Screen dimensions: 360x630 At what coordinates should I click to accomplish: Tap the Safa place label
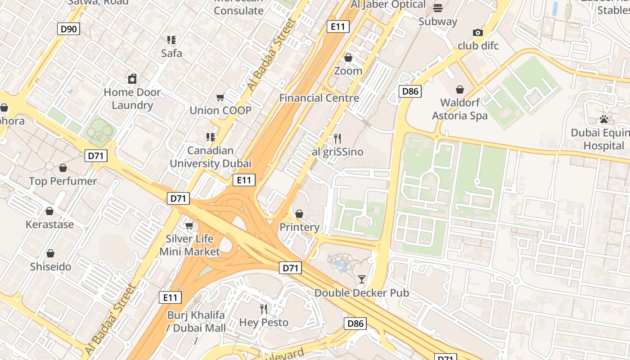tap(172, 53)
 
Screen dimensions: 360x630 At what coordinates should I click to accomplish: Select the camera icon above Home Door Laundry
tap(132, 79)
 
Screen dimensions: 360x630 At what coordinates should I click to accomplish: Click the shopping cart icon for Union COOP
tap(220, 97)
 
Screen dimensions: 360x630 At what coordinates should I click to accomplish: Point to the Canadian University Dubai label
tap(210, 157)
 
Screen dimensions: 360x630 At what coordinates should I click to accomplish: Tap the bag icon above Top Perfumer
tap(63, 168)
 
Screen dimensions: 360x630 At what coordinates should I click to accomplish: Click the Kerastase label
tap(49, 224)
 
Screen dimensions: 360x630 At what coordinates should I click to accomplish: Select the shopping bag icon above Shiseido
tap(50, 253)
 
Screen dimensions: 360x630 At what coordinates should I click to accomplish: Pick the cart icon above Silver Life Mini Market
tap(189, 225)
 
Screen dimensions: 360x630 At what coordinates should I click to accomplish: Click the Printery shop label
tap(299, 227)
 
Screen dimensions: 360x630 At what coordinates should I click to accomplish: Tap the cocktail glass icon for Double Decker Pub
tap(361, 279)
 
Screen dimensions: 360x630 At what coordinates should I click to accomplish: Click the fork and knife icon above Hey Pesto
tap(264, 309)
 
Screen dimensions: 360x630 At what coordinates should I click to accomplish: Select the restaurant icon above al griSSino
tap(337, 138)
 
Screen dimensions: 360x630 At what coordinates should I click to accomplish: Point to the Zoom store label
tap(348, 71)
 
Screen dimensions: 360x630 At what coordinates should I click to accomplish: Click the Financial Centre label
tap(319, 98)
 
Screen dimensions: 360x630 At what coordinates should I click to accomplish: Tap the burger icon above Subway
tap(437, 8)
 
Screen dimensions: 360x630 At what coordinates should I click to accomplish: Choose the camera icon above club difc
tap(478, 32)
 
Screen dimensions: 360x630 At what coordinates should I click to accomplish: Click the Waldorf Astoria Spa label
tap(459, 109)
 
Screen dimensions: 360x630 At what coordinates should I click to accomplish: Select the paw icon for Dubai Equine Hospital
tap(604, 119)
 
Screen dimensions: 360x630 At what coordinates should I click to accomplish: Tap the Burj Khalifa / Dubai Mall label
tap(196, 321)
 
